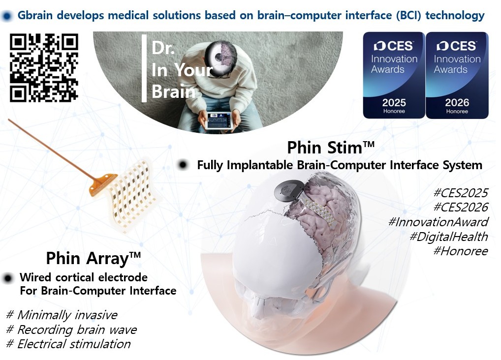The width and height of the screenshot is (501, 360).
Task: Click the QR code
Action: click(x=44, y=68)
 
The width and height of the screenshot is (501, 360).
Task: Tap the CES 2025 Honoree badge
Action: click(x=394, y=75)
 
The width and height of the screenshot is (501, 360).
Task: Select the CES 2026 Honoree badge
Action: click(x=457, y=75)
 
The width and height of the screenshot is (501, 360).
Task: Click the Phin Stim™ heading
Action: click(x=331, y=148)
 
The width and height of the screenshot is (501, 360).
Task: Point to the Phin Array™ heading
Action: click(x=94, y=258)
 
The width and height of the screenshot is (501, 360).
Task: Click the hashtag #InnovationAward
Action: click(x=438, y=222)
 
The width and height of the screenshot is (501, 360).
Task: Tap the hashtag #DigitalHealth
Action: click(x=449, y=237)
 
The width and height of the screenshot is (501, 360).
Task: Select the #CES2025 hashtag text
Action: click(x=461, y=193)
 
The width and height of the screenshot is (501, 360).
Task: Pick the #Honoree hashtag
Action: click(x=461, y=251)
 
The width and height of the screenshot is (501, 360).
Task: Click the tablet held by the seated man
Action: click(x=219, y=120)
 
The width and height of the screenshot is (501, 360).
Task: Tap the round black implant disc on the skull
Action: click(x=286, y=191)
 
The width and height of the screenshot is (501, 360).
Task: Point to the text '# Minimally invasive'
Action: click(x=62, y=315)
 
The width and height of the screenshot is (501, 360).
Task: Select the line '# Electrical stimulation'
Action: click(x=68, y=344)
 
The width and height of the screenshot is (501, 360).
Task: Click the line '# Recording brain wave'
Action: click(x=71, y=330)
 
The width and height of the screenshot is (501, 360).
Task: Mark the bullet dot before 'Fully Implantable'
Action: click(x=183, y=165)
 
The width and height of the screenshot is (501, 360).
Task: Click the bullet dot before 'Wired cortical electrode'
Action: click(x=8, y=278)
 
